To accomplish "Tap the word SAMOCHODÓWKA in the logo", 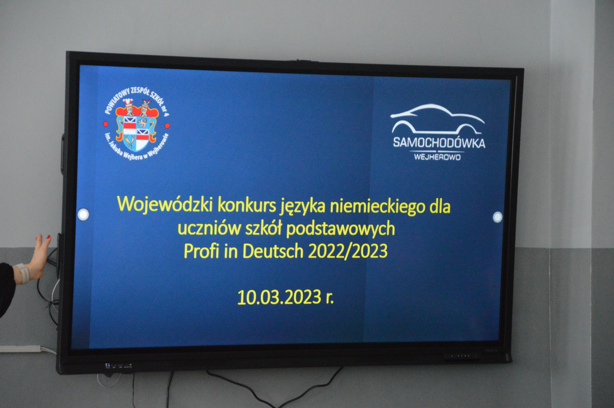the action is pos(439,143).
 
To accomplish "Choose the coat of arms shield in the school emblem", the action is pos(136,133).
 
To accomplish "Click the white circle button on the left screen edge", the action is pos(83,214).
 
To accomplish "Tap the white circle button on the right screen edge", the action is pos(497,217).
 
